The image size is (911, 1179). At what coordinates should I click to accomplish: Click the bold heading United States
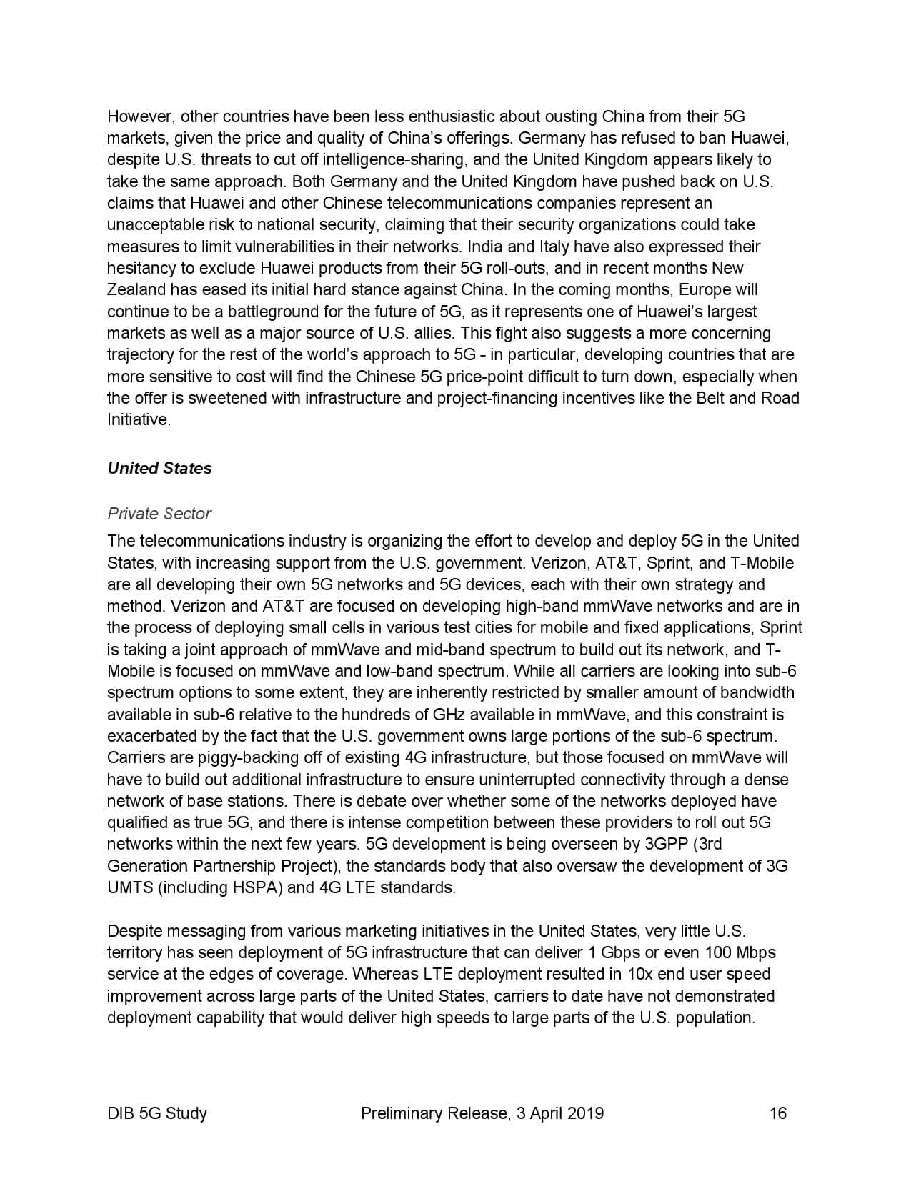[159, 469]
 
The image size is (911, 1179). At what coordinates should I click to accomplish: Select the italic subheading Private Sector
[159, 514]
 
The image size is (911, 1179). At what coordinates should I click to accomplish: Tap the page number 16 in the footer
[778, 1113]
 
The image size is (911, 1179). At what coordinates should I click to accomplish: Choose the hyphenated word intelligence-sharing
[335, 160]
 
